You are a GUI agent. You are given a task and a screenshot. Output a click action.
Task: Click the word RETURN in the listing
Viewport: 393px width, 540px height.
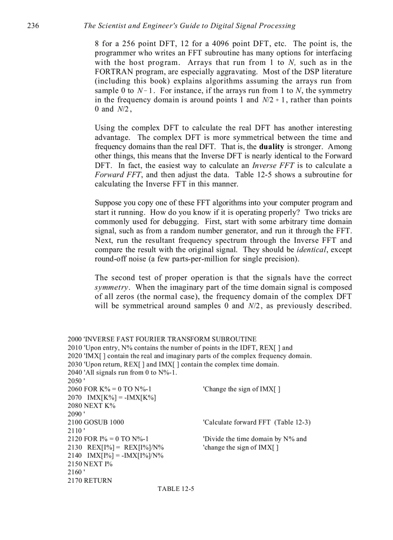pyautogui.click(x=98, y=480)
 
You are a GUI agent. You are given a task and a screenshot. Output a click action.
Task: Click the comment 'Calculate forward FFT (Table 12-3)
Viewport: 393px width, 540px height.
pyautogui.click(x=257, y=422)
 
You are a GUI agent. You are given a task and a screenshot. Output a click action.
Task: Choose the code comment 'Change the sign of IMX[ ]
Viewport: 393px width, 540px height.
pyautogui.click(x=242, y=389)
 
